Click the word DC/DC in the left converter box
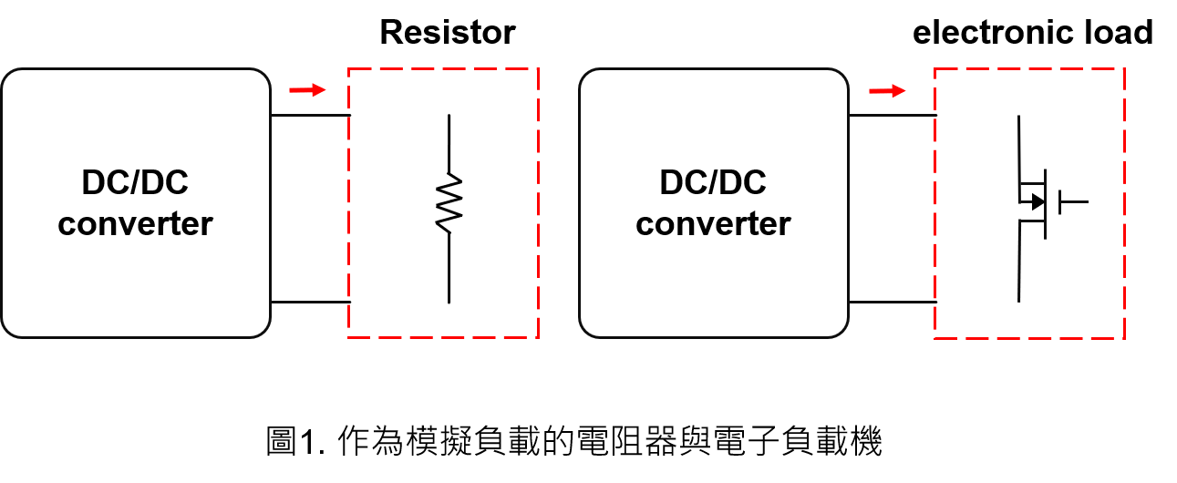[135, 183]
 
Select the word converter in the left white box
[135, 223]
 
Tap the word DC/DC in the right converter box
[713, 183]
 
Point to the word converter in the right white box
[713, 223]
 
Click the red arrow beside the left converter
[307, 89]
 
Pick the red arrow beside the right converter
[887, 90]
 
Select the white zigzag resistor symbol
[449, 202]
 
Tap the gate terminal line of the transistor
[1074, 201]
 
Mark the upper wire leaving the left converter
[310, 115]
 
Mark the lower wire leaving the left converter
[310, 301]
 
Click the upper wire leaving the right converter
[891, 115]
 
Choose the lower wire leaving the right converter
[891, 301]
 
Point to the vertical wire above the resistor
[449, 143]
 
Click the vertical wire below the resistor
[449, 268]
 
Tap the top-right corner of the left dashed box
[538, 68]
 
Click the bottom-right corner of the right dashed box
[1124, 338]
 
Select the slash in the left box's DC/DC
[135, 183]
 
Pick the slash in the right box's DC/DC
[713, 183]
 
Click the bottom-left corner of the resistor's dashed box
[349, 337]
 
